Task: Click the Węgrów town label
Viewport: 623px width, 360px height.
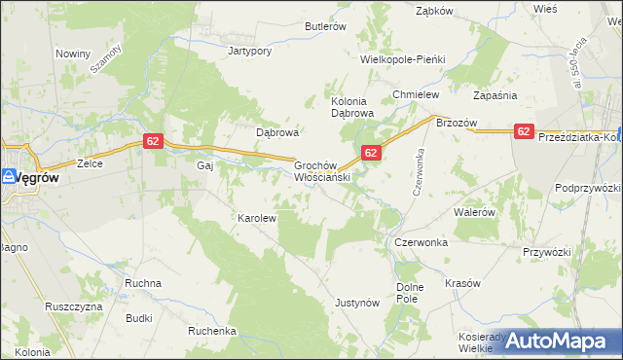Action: [37, 177]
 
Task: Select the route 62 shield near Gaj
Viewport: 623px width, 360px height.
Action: [152, 141]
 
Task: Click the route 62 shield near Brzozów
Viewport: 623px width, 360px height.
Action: [524, 131]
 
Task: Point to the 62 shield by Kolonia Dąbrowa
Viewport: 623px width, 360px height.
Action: [371, 153]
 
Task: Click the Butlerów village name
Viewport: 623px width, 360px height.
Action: [325, 27]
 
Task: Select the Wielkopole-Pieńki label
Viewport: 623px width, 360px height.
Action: [402, 59]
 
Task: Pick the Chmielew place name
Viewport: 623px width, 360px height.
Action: [417, 94]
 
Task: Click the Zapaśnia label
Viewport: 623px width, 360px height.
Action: [495, 95]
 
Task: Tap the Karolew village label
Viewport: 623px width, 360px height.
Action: [258, 218]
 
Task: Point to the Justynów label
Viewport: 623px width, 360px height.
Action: [356, 303]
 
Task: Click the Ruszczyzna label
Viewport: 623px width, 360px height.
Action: [74, 306]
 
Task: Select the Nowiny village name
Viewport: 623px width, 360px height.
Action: [73, 54]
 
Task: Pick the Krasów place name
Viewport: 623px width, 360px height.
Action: [463, 283]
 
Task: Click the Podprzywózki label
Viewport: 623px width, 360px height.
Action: [588, 187]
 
